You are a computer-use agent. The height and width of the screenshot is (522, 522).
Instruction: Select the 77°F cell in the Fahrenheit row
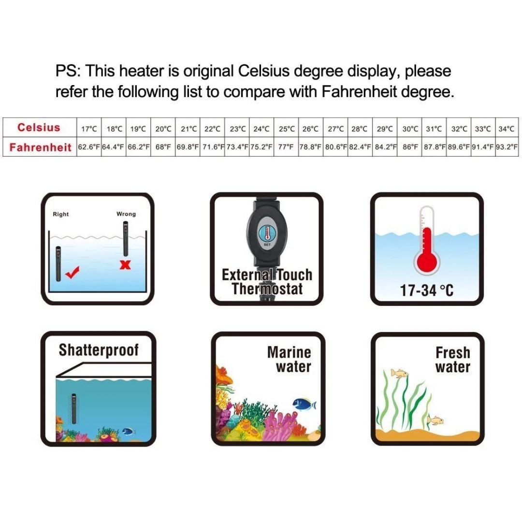pos(286,147)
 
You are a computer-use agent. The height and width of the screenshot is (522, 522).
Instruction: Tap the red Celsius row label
pos(39,128)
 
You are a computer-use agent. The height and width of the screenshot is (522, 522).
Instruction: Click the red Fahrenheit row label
pos(40,147)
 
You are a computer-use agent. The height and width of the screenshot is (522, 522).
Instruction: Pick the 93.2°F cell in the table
pos(507,147)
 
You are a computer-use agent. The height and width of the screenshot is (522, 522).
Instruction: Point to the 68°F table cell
pos(163,147)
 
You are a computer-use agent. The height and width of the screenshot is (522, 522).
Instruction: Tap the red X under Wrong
pos(125,265)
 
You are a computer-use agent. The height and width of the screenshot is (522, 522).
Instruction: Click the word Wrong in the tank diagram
pos(126,214)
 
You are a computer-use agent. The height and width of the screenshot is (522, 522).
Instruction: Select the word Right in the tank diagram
pos(60,214)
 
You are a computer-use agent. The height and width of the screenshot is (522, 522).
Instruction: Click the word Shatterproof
pos(99,350)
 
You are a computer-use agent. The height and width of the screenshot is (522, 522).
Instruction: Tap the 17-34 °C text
pos(426,290)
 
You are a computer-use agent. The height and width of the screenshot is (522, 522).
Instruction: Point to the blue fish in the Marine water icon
pos(304,404)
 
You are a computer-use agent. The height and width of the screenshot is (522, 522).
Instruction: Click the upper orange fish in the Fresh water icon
pos(399,373)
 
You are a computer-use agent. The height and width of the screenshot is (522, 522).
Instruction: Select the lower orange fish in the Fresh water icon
pos(435,420)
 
